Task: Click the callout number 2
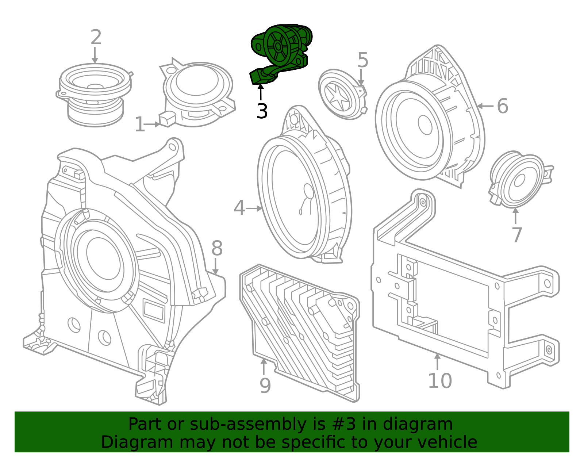(x=96, y=37)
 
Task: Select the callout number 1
(x=140, y=124)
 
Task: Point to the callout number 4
(x=239, y=208)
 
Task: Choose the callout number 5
(x=362, y=60)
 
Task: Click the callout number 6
(x=503, y=106)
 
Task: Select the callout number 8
(x=217, y=248)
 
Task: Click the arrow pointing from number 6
(x=485, y=106)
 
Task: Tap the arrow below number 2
(x=95, y=55)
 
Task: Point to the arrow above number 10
(x=438, y=362)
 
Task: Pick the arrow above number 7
(x=515, y=216)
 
